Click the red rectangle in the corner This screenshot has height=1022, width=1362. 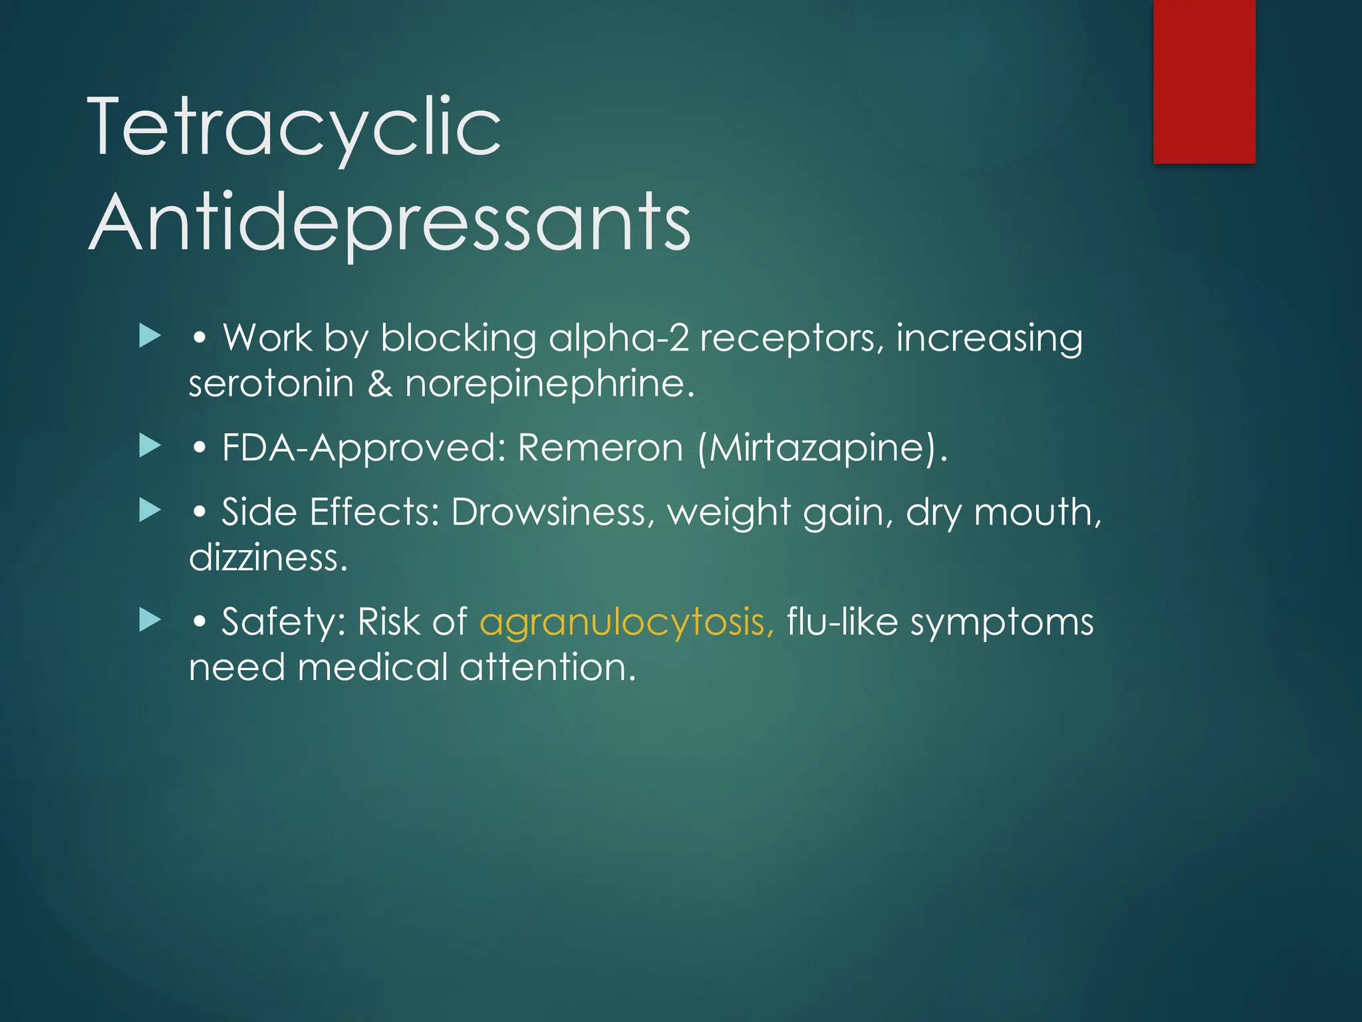tap(1204, 81)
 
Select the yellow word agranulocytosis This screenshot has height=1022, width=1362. tap(626, 622)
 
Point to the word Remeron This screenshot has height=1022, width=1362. tap(600, 447)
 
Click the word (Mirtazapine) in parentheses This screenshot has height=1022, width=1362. tap(822, 447)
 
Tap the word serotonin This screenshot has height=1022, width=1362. tap(271, 384)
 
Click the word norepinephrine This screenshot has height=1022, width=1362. tap(549, 384)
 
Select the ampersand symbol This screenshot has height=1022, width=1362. tap(380, 384)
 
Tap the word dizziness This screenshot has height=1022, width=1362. tap(267, 558)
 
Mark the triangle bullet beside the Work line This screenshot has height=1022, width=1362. tap(150, 336)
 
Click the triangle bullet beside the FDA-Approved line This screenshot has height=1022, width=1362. tap(150, 446)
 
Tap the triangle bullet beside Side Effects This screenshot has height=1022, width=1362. tap(150, 510)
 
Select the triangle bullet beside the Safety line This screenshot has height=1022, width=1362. tap(150, 620)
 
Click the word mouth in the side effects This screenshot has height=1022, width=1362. tap(1037, 512)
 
